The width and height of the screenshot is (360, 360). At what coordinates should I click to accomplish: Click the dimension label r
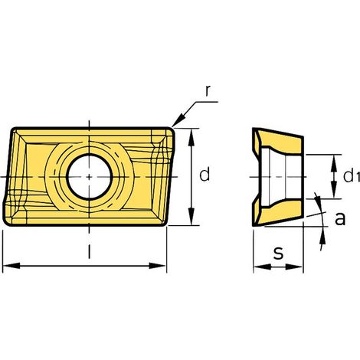click(x=208, y=91)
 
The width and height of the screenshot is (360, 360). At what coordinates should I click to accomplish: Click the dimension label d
click(x=205, y=174)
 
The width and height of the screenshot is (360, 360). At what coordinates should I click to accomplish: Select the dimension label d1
click(x=352, y=176)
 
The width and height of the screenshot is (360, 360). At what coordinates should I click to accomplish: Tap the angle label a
click(x=340, y=218)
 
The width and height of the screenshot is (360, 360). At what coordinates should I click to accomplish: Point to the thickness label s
click(x=278, y=254)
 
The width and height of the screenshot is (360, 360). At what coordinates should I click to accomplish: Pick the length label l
click(x=89, y=251)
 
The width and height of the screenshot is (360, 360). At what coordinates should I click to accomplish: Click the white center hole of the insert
click(x=89, y=177)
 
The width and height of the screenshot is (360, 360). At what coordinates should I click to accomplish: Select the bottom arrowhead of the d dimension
click(x=191, y=217)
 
